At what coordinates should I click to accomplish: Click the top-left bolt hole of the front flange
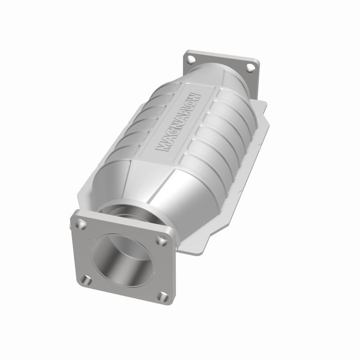tap(81, 221)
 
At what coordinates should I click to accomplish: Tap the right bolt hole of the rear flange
tap(251, 67)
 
